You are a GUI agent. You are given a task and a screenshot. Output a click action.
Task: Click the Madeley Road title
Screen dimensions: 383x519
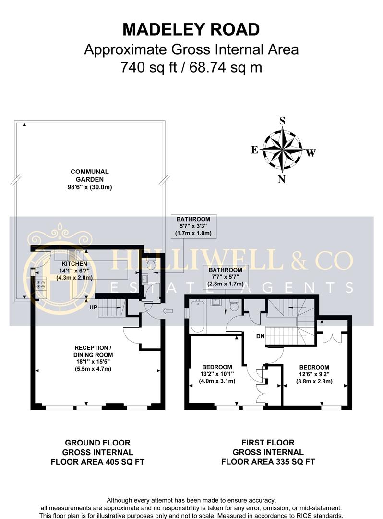tap(191, 29)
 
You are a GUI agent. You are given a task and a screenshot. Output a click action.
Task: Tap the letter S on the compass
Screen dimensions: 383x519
tap(282, 121)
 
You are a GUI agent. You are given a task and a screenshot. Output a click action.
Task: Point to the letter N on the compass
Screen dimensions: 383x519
tap(282, 179)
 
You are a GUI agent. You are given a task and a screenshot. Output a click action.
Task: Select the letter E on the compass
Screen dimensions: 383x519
tap(254, 150)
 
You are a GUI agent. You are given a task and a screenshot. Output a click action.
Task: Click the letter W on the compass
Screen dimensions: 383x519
tap(311, 153)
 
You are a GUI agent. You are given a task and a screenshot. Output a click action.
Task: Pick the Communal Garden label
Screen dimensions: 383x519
tap(90, 179)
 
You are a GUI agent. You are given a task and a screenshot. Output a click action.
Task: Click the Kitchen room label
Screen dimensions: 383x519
tap(74, 271)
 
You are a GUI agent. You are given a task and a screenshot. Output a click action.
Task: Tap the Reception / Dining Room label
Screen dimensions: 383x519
tap(93, 358)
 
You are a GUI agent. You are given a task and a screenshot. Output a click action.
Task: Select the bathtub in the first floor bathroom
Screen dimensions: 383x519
tap(198, 316)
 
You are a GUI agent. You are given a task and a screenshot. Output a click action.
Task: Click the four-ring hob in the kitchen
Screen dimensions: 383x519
tap(41, 284)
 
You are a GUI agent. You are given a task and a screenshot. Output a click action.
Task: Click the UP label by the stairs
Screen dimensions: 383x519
tap(93, 307)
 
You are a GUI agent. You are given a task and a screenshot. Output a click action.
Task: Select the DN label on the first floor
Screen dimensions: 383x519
tap(261, 336)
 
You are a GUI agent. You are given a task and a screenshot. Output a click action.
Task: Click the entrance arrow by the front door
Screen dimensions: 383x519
tap(168, 311)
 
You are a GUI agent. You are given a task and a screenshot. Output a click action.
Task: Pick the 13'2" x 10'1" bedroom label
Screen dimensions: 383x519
tap(217, 374)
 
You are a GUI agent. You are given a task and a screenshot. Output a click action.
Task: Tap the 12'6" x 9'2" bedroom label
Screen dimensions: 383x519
tap(314, 374)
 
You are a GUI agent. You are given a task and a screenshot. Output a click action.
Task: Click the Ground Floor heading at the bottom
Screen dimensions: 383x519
tap(97, 443)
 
